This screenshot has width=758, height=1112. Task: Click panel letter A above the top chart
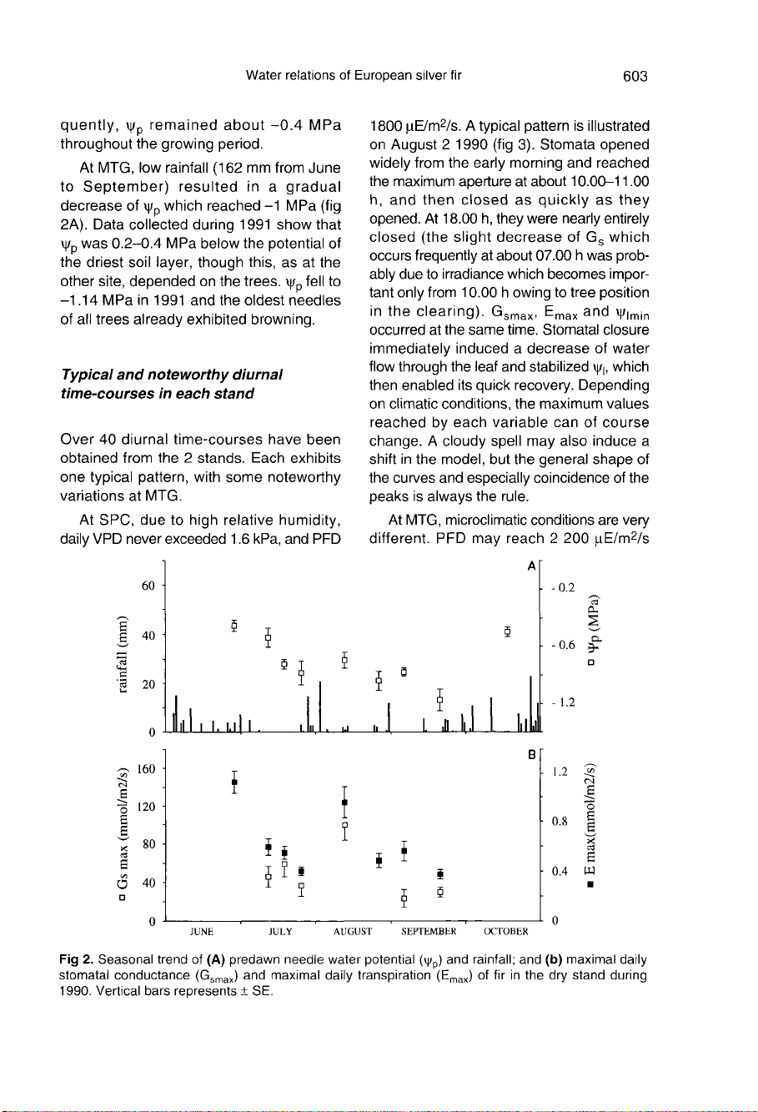[x=531, y=566]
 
